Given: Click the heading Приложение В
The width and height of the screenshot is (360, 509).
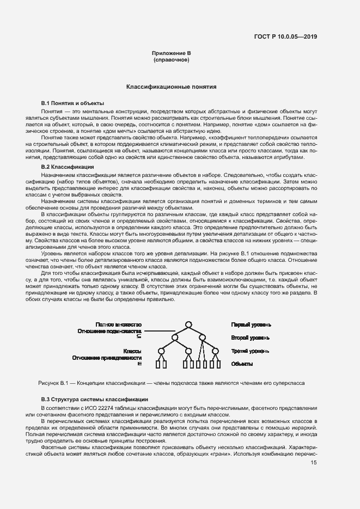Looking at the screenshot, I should pyautogui.click(x=171, y=53).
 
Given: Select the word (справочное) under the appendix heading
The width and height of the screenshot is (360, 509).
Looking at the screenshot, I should pyautogui.click(x=171, y=60).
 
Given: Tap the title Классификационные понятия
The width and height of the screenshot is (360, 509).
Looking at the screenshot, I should pyautogui.click(x=172, y=86).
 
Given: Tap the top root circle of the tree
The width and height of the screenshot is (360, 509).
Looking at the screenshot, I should pyautogui.click(x=188, y=325).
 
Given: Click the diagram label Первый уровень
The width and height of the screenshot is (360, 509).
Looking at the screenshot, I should pyautogui.click(x=251, y=325).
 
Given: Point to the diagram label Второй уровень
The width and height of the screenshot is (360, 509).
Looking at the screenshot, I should pyautogui.click(x=251, y=338).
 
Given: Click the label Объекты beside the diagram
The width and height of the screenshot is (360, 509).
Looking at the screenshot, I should pyautogui.click(x=242, y=364).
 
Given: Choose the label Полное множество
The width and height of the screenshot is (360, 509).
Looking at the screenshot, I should pyautogui.click(x=118, y=324).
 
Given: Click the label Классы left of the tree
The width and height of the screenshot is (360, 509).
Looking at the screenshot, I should pyautogui.click(x=132, y=352).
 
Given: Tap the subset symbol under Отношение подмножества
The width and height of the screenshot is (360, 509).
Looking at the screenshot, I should pyautogui.click(x=139, y=338).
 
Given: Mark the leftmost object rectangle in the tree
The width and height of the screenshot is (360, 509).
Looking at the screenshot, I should pyautogui.click(x=158, y=365).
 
